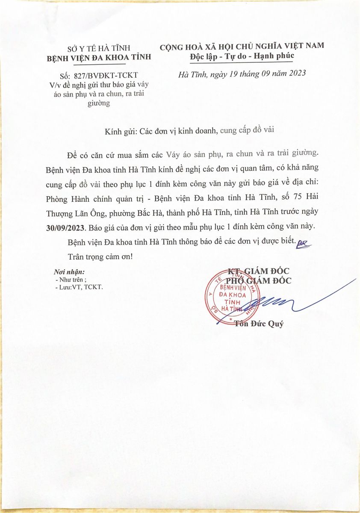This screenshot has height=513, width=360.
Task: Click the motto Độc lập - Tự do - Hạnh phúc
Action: tap(242, 56)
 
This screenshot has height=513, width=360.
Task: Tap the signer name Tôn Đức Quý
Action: tap(259, 323)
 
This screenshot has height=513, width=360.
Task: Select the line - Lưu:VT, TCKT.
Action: tap(79, 287)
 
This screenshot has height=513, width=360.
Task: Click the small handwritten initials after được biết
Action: tap(304, 243)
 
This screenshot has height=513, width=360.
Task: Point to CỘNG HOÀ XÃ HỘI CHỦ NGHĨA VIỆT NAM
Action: tap(242, 46)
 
